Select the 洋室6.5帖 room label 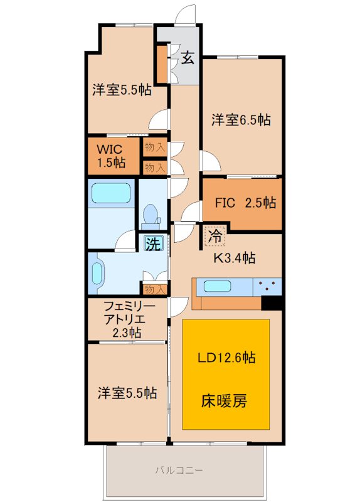[x=241, y=119]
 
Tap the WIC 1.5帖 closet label [x=110, y=156]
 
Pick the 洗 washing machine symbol [x=152, y=243]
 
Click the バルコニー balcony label [x=183, y=469]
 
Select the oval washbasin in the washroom [x=97, y=274]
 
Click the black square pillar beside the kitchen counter [x=271, y=302]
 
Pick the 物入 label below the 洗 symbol [x=155, y=289]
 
